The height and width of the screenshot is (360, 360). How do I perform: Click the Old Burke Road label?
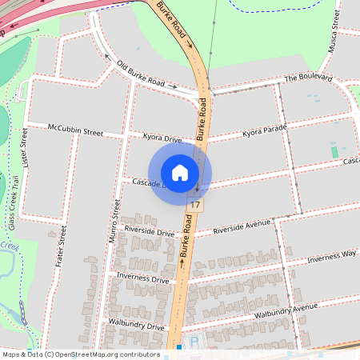click(x=141, y=74)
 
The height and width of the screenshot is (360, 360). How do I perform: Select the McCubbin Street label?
click(x=76, y=128)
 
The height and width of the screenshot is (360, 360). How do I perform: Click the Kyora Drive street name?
click(x=162, y=138)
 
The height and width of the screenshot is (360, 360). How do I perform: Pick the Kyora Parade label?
click(x=264, y=130)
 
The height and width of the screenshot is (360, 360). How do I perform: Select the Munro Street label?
click(x=114, y=222)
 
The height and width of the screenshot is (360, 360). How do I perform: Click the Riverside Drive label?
click(x=154, y=233)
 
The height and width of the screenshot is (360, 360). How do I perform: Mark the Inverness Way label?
click(x=331, y=255)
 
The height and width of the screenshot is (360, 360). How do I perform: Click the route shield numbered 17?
click(x=195, y=206)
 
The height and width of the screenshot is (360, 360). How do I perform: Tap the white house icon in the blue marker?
click(x=180, y=173)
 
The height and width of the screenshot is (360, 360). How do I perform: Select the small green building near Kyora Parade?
click(x=334, y=151)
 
